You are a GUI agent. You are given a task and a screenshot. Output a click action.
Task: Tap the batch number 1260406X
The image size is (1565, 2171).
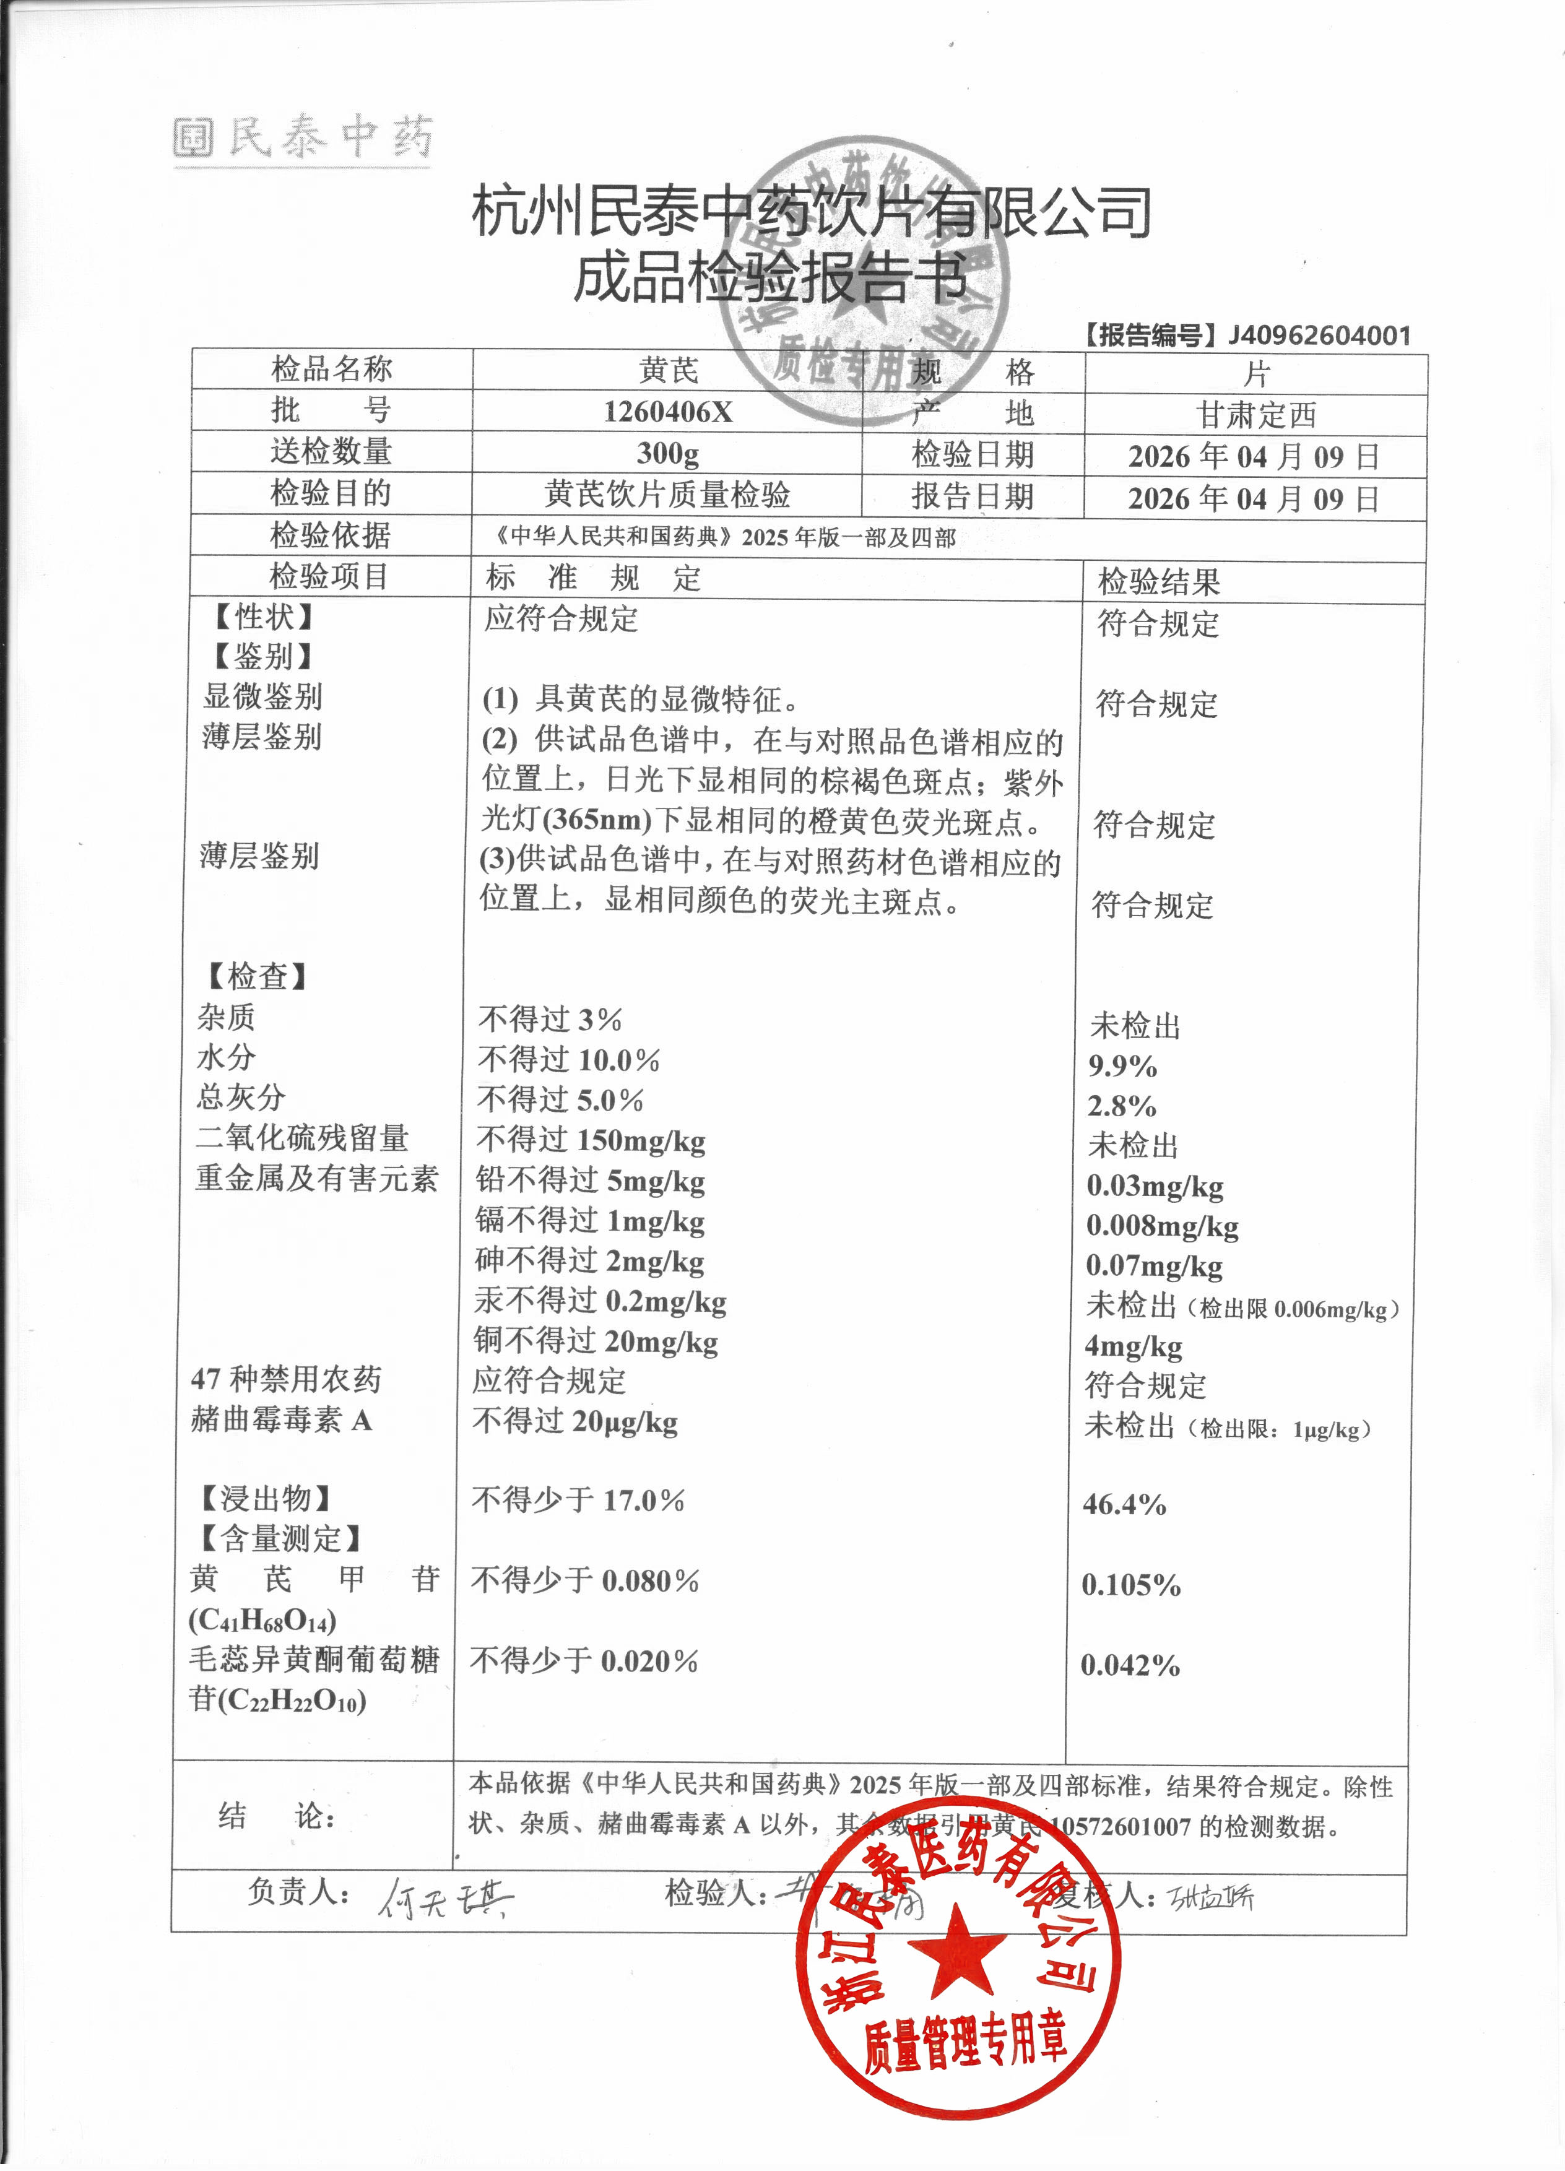click(x=667, y=412)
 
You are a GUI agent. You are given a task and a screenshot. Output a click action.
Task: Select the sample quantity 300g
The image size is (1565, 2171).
click(x=667, y=453)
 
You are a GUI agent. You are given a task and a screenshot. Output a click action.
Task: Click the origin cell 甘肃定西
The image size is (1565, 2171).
click(x=1256, y=415)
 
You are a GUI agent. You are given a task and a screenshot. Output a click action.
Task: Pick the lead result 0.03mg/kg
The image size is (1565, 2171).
click(x=1155, y=1186)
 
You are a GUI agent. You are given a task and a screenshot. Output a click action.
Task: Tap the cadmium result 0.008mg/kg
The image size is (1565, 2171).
click(x=1162, y=1226)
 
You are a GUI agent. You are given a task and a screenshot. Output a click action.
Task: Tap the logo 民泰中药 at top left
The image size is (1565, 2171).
click(x=305, y=138)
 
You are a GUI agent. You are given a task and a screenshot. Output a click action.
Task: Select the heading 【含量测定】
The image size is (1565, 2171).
click(x=279, y=1539)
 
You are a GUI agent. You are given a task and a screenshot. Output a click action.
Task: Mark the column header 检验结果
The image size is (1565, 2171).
click(x=1158, y=582)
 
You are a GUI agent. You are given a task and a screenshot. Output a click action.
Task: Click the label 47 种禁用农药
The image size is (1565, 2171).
click(x=286, y=1379)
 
